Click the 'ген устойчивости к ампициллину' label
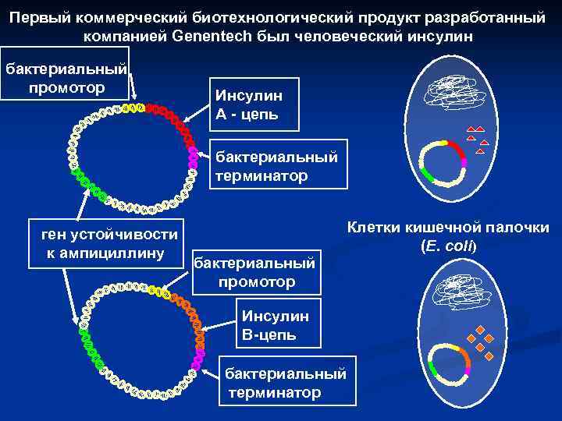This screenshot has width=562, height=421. tap(104, 243)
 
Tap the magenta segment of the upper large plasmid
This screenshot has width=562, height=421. tap(193, 157)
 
